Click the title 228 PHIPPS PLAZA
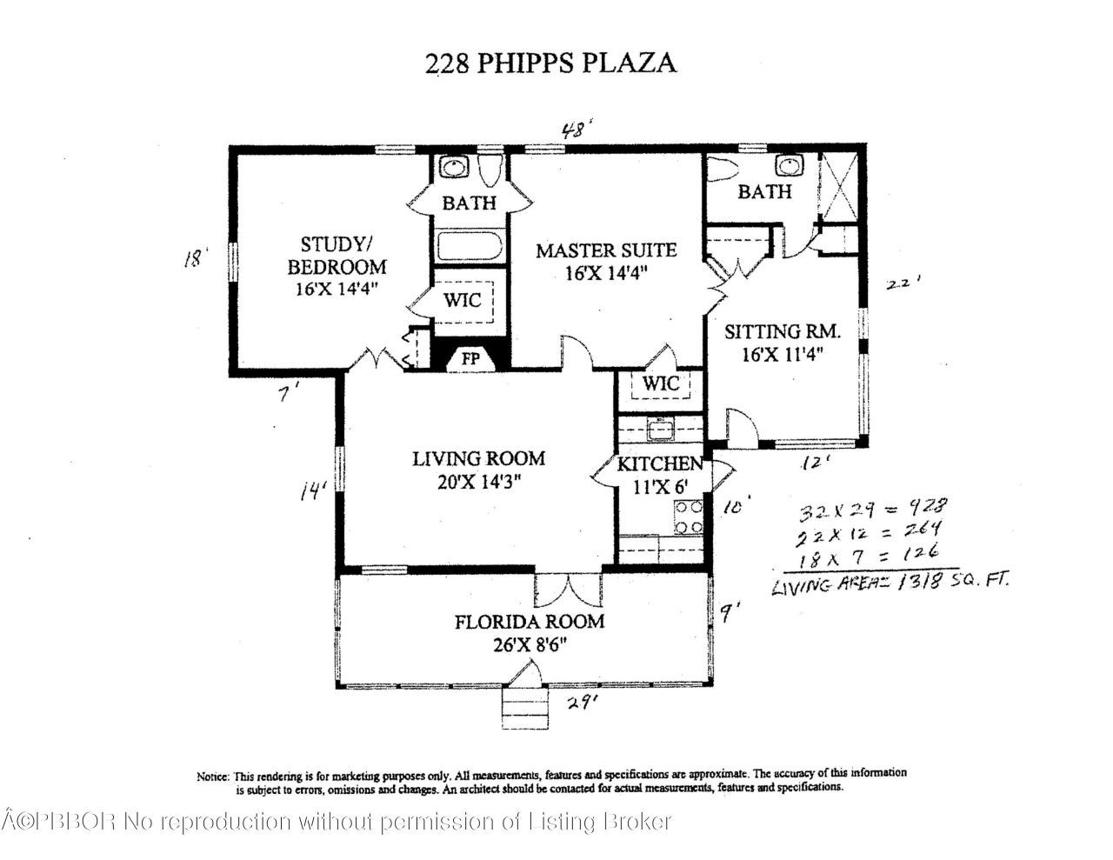(x=550, y=63)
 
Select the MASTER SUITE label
(x=605, y=250)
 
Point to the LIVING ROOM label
(x=478, y=458)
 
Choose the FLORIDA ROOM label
(x=529, y=622)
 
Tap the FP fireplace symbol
(x=470, y=357)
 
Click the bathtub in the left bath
(x=470, y=245)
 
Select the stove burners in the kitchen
(x=689, y=517)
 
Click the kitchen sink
(x=662, y=428)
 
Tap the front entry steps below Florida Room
(x=524, y=704)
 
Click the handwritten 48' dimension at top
(x=576, y=131)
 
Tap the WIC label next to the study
(x=463, y=301)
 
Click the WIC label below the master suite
(x=662, y=383)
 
